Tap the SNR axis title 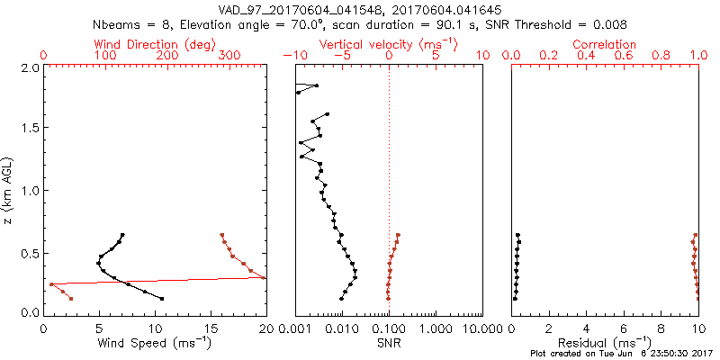tap(389, 343)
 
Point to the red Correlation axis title tap(605, 44)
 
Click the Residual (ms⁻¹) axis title tap(605, 344)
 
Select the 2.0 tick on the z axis tap(29, 67)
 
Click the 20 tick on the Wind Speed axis tap(265, 328)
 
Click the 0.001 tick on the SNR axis tap(296, 328)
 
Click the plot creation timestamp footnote tap(621, 354)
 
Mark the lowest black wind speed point tap(161, 299)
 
